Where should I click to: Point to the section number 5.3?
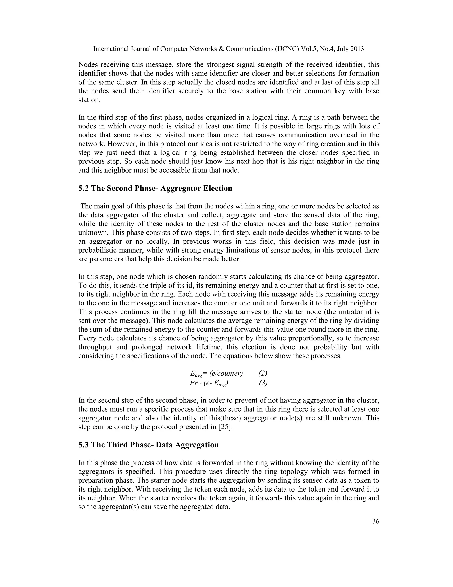coord(84,445)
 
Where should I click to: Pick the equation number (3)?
coord(263,383)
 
